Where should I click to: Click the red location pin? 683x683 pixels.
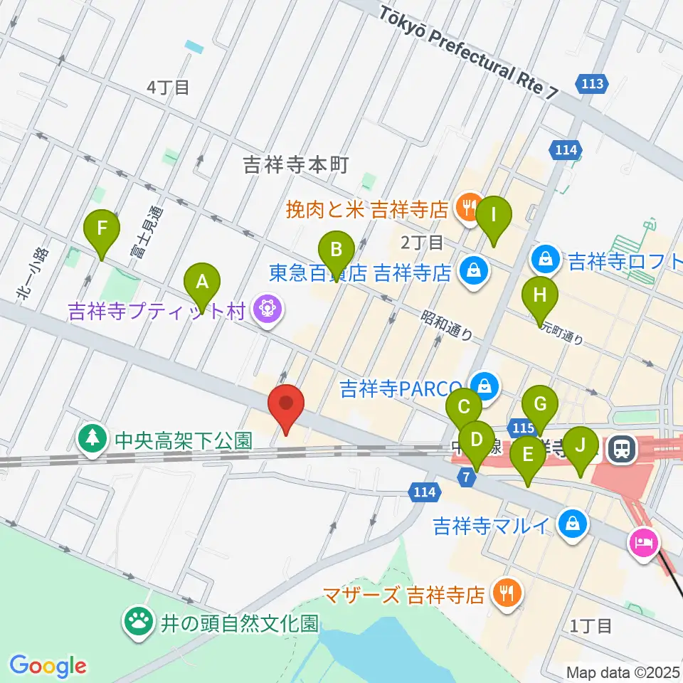tap(286, 408)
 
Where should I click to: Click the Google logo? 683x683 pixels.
tap(48, 666)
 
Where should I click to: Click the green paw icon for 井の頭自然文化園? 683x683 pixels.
tap(137, 620)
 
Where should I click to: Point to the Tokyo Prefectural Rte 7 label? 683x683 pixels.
tap(470, 53)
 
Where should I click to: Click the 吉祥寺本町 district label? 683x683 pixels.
tap(296, 165)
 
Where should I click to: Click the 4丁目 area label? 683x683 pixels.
tap(168, 88)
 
